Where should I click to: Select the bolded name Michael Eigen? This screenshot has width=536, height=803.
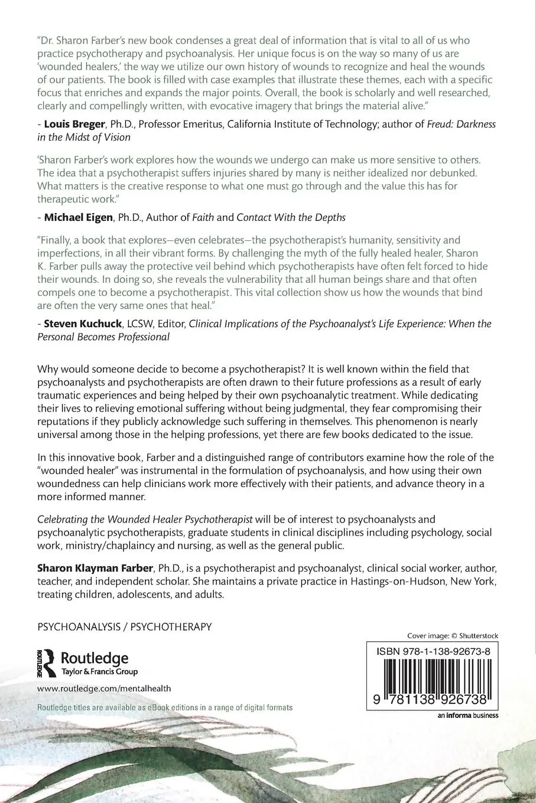[78, 217]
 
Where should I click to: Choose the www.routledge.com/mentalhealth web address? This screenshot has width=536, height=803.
[104, 688]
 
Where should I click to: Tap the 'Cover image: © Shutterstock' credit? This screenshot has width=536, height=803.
[453, 635]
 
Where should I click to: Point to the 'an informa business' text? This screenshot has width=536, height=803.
[467, 716]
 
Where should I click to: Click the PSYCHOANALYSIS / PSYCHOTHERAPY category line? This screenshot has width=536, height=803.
[124, 626]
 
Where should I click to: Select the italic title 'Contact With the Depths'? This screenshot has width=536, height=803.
[291, 217]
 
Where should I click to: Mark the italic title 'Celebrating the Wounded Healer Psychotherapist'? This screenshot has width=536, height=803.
[145, 520]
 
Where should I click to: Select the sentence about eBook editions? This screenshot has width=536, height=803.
[165, 707]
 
